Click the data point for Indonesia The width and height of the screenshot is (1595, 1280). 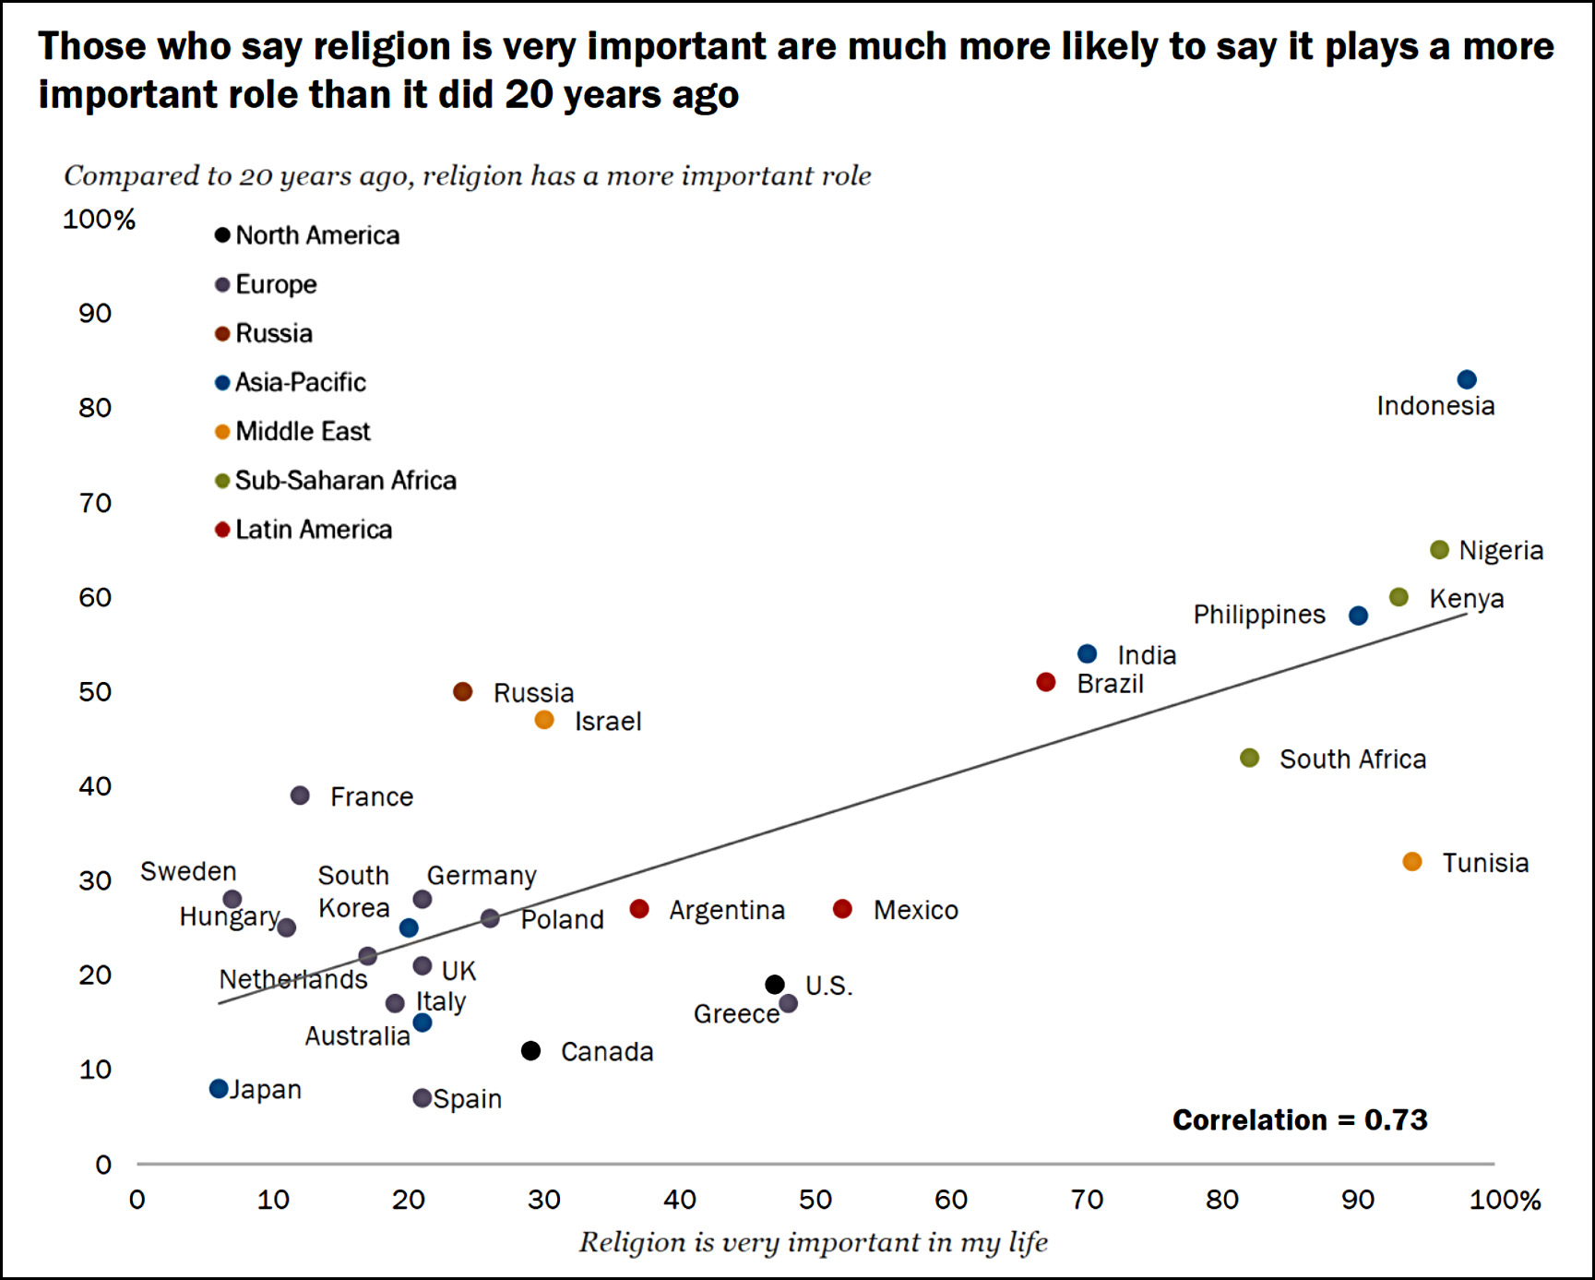1466,379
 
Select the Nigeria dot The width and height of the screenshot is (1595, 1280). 1439,550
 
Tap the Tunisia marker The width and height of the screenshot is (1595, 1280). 1411,862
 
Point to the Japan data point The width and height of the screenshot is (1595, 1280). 219,1089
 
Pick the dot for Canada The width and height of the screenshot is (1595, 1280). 530,1050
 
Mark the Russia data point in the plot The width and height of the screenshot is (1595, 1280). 463,691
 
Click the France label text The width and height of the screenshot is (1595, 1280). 372,796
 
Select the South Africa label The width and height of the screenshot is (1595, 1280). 1352,759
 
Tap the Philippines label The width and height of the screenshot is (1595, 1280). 1259,615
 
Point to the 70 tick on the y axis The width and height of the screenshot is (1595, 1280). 95,503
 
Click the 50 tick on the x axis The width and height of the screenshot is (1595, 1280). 815,1200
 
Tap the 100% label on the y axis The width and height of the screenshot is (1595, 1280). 99,220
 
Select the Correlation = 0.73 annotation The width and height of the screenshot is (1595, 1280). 1300,1120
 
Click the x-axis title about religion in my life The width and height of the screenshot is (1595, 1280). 813,1242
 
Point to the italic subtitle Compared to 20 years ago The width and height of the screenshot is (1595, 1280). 467,175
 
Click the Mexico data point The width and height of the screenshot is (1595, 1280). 842,909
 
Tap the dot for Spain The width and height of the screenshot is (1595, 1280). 422,1098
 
